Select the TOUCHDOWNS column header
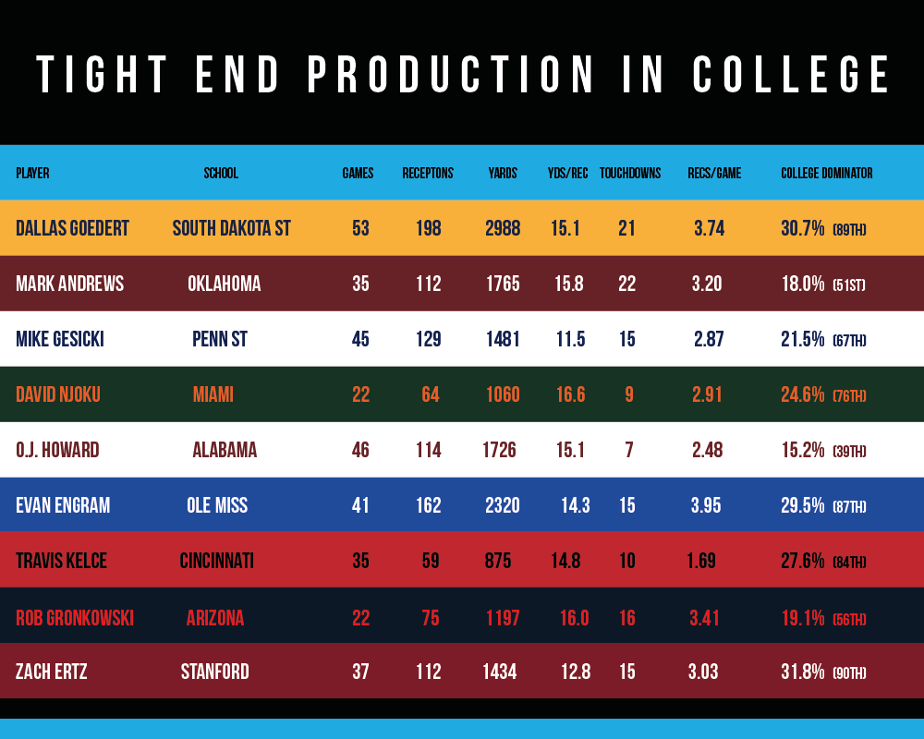(x=630, y=173)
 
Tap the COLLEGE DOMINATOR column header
(x=827, y=173)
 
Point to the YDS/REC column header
(x=568, y=173)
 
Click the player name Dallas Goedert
(x=73, y=228)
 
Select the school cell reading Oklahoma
(x=225, y=284)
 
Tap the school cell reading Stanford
(x=215, y=672)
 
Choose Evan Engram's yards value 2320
(x=503, y=505)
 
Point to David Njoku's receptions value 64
(x=430, y=394)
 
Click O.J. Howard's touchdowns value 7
(x=628, y=450)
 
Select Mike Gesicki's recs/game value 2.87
(x=709, y=339)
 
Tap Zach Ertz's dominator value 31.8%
(x=802, y=672)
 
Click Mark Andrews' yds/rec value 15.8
(x=569, y=284)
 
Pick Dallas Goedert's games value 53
(x=360, y=228)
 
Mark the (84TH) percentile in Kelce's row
(x=849, y=563)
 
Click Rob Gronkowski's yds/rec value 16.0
(x=573, y=618)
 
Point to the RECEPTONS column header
(x=428, y=173)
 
